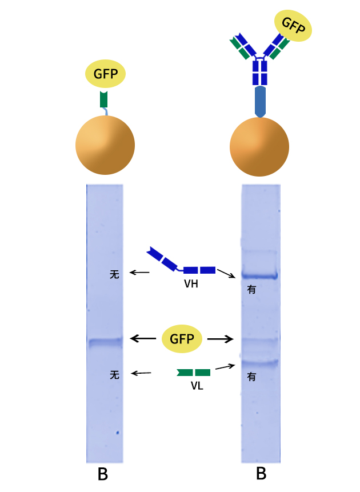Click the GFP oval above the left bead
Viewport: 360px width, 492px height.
[106, 74]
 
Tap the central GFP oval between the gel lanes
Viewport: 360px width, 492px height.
[182, 339]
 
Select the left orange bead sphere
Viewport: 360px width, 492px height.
[105, 145]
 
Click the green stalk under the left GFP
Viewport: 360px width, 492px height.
[103, 99]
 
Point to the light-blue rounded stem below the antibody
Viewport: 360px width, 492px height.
[260, 101]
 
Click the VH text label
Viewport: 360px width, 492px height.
[191, 283]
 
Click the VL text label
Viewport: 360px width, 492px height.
[197, 386]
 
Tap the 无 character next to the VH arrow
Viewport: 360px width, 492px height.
[114, 275]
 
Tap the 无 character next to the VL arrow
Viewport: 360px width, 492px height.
[115, 375]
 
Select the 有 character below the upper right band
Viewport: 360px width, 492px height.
[251, 290]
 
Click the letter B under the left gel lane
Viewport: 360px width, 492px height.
[103, 475]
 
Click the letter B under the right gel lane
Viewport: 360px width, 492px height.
[261, 474]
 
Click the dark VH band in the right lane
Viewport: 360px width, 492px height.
[259, 275]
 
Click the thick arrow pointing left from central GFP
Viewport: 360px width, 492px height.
[143, 339]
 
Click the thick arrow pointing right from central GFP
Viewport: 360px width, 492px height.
[221, 339]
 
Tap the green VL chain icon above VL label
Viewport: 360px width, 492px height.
[194, 373]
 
